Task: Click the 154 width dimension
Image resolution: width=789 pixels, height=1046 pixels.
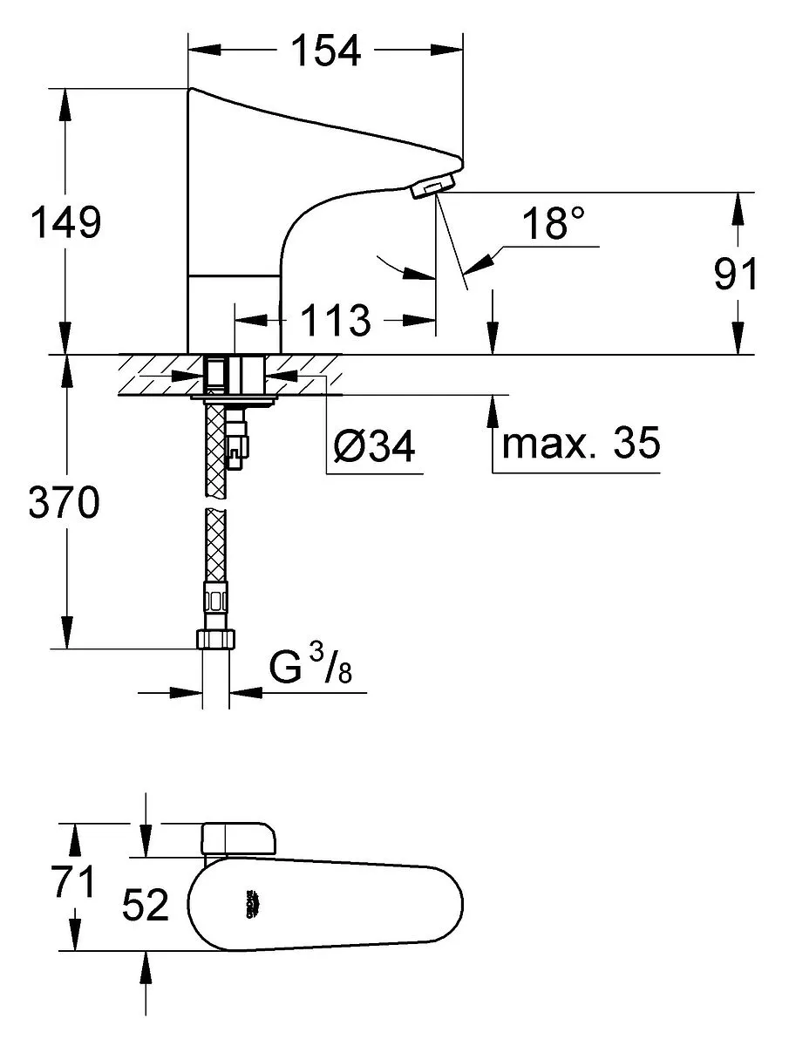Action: click(x=325, y=51)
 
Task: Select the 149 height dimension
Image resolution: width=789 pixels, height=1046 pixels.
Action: click(x=66, y=223)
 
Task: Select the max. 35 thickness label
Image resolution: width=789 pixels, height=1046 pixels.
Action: click(x=582, y=444)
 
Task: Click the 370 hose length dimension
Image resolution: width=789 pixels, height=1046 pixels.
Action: click(x=65, y=504)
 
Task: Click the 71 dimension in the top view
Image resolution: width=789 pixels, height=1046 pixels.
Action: click(x=71, y=884)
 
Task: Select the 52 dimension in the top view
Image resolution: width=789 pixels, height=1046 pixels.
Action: click(x=146, y=906)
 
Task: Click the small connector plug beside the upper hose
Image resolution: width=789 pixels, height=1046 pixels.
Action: click(x=237, y=445)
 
